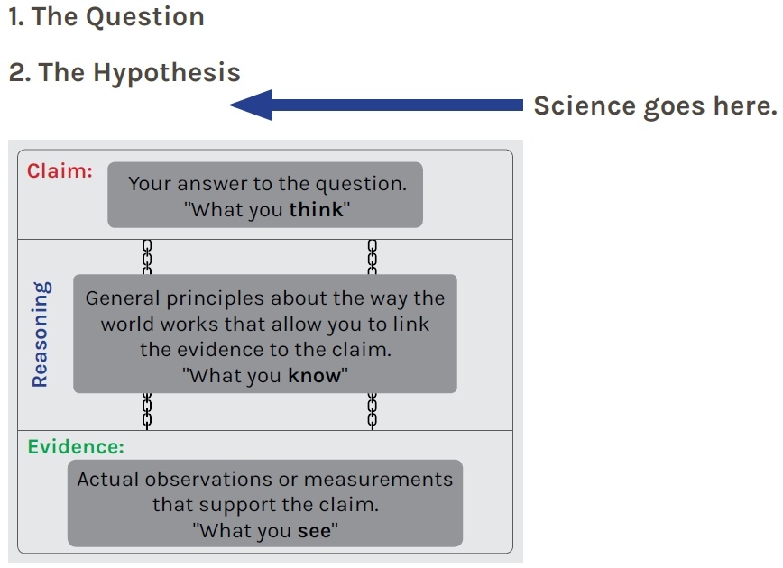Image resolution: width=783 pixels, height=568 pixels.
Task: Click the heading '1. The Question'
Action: click(106, 16)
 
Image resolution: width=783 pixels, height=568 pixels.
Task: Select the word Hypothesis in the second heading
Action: click(167, 73)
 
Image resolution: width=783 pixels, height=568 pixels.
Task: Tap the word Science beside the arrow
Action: click(585, 105)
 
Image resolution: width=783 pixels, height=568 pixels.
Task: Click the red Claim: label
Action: click(60, 170)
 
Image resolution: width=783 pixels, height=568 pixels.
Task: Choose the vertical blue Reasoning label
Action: click(40, 334)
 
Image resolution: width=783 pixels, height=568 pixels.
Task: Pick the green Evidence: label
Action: click(76, 446)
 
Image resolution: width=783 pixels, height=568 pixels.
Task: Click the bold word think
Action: click(316, 210)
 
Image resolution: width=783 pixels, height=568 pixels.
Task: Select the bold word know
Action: click(314, 375)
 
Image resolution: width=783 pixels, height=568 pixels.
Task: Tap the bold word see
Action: click(314, 530)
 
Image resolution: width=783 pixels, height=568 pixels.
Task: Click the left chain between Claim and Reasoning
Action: click(147, 257)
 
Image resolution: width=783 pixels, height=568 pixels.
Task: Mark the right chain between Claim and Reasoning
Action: click(373, 257)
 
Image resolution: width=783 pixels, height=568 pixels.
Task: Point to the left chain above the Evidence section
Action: click(147, 411)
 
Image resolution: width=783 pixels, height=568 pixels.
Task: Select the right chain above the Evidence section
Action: click(373, 411)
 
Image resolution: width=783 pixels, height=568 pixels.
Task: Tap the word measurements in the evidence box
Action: click(378, 479)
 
